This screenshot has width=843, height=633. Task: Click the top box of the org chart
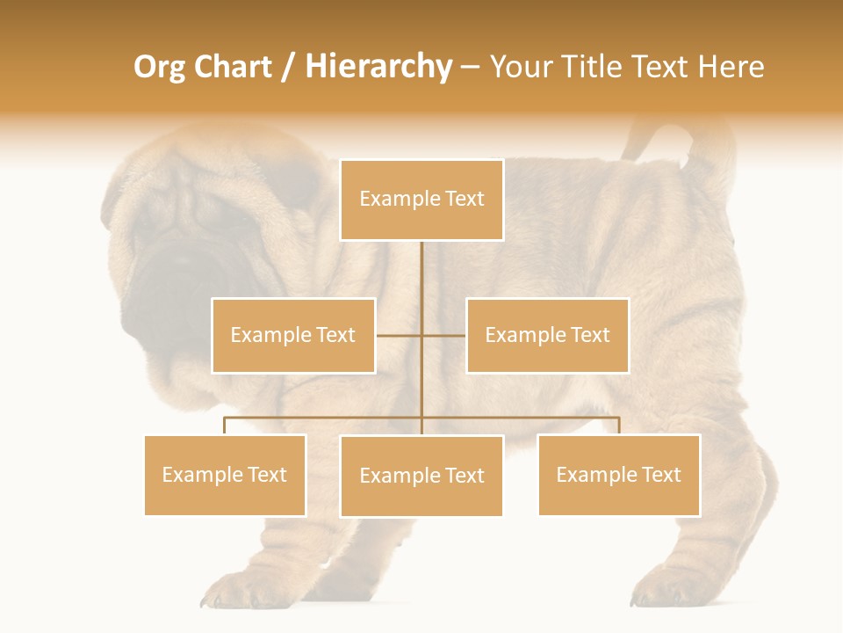click(421, 200)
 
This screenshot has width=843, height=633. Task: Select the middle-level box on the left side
click(293, 335)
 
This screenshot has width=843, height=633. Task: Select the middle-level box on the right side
click(547, 335)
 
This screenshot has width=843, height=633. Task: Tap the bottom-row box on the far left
click(225, 475)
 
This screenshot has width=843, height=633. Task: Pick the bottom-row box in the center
click(421, 476)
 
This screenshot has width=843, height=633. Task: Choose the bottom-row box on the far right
click(619, 475)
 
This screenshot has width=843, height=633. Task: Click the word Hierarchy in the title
click(378, 67)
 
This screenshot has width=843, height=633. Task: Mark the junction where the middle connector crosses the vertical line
click(421, 335)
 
